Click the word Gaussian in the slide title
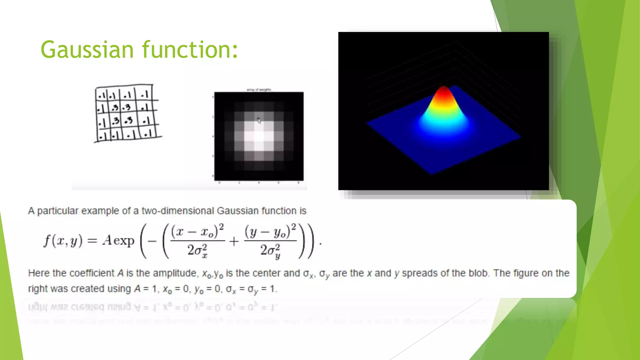pos(87,50)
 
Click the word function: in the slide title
pos(190,50)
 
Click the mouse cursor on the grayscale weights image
pos(259,121)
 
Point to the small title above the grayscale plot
pos(259,90)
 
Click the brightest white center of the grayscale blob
pos(259,137)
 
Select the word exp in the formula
pos(124,241)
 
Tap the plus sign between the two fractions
pos(234,241)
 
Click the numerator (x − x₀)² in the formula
pos(197,231)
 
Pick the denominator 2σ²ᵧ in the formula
pos(270,251)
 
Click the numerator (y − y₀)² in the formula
pos(270,231)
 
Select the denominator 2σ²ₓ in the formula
pos(197,251)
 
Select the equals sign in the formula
pos(92,241)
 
